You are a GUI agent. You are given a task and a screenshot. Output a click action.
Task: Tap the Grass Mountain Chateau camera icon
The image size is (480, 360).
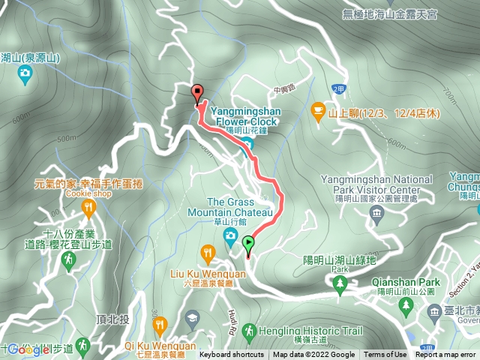tap(230, 239)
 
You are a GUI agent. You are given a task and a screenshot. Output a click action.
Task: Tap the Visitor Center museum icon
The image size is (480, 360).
tap(376, 216)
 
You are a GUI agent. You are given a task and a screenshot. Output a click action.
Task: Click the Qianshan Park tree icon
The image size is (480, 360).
tap(406, 305)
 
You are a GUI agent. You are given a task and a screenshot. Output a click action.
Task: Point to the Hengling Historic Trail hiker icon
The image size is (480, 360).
tap(250, 331)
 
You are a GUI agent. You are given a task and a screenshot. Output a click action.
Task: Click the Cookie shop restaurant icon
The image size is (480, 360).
tap(88, 208)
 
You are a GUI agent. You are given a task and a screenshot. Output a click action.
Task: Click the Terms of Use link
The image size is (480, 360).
tap(385, 355)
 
